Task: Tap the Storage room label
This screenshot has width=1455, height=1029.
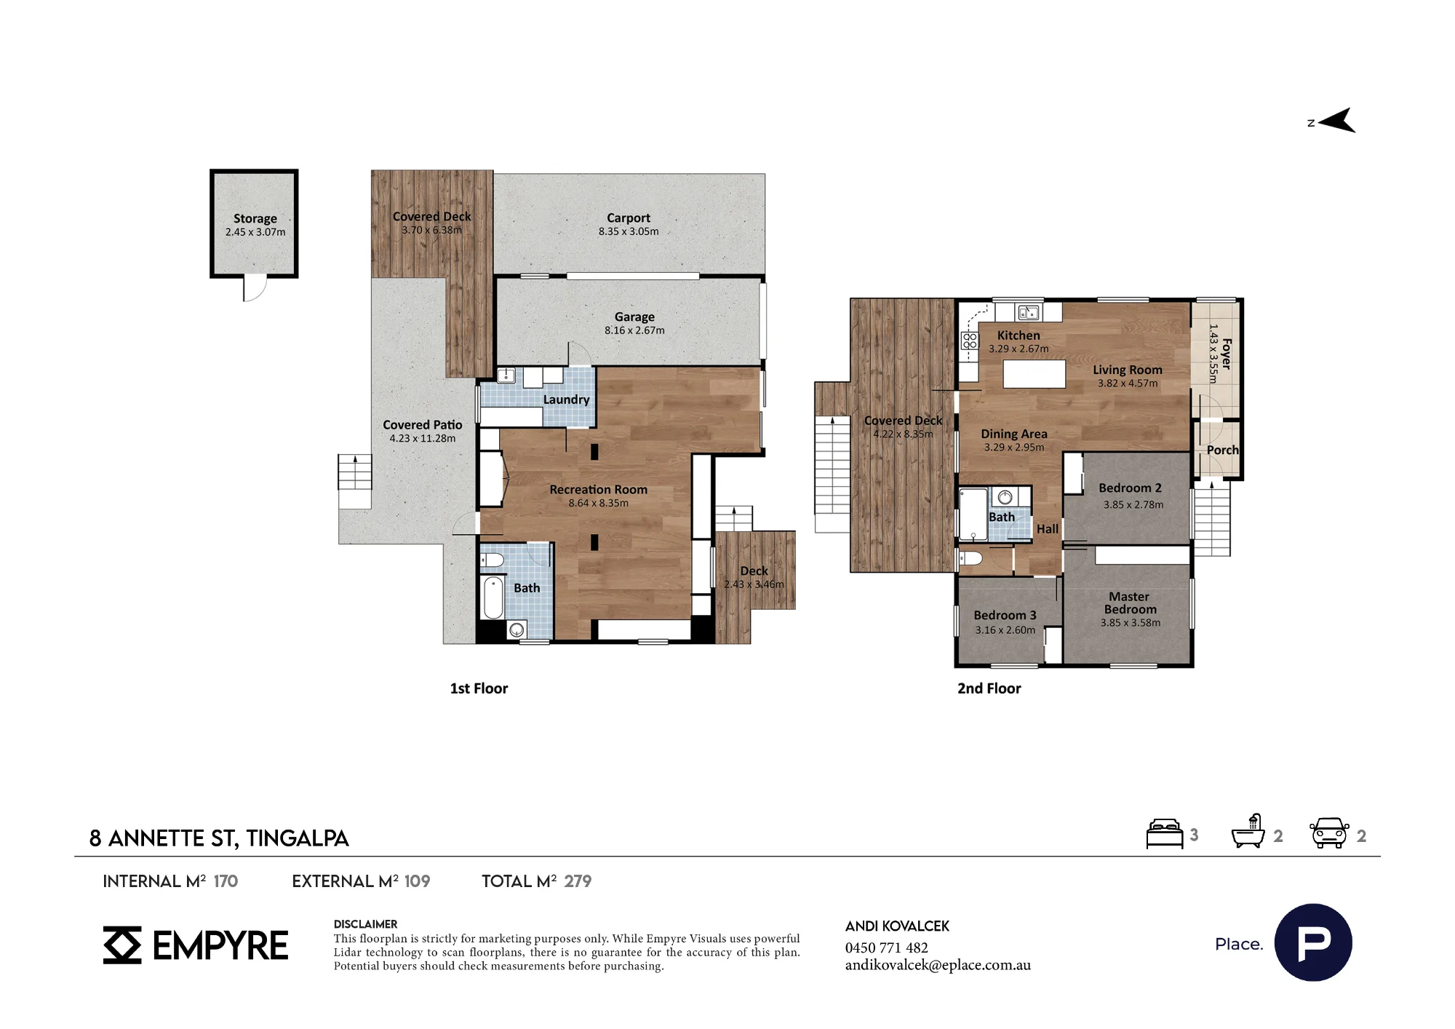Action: [255, 218]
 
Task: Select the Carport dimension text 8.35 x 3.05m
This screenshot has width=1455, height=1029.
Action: [629, 231]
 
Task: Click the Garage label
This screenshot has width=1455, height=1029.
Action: [634, 317]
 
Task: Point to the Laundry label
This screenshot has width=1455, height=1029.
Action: [566, 400]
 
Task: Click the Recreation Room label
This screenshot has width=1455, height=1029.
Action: [598, 490]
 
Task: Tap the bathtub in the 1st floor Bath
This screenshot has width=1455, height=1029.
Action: [494, 597]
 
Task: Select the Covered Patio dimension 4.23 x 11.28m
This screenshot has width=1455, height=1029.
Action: [422, 438]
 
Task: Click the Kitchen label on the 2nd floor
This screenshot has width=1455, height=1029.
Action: [1018, 335]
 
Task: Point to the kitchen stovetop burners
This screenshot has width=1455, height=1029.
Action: [970, 341]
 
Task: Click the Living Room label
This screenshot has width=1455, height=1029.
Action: [1128, 370]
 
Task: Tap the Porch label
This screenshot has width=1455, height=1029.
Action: [1222, 450]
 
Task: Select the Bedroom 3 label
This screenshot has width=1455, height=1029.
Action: [1005, 615]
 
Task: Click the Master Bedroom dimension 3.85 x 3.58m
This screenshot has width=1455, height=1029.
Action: [1130, 623]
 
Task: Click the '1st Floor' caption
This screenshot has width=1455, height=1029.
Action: [479, 688]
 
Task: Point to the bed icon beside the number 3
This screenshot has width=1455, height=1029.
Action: [1164, 834]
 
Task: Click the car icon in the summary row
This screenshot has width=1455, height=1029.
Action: [1329, 833]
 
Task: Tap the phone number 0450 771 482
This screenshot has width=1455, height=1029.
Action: [886, 947]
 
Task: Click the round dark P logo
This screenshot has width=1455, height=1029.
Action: [1313, 942]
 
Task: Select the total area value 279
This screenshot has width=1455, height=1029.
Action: [578, 881]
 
